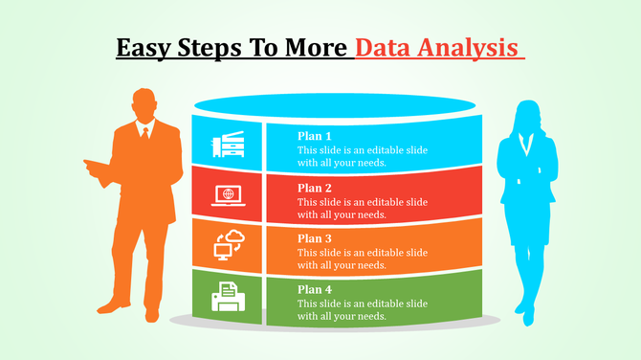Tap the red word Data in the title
(385, 47)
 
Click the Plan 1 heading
(315, 136)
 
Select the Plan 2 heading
(315, 188)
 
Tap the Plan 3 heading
(315, 238)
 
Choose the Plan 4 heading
(315, 289)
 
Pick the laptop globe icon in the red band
(228, 195)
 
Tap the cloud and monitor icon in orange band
(228, 246)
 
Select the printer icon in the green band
(228, 296)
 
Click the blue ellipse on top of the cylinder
(334, 104)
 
